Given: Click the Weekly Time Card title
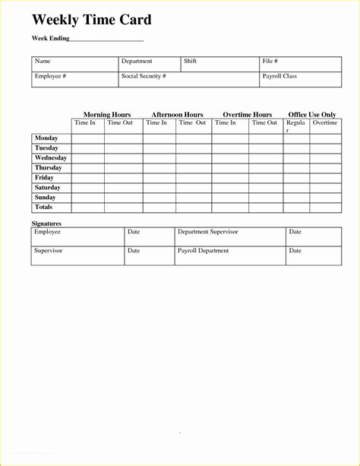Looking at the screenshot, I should [x=91, y=20].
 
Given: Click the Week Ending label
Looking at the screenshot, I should [x=51, y=38].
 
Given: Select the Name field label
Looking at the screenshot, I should [x=43, y=62].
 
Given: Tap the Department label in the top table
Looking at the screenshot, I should [x=137, y=62].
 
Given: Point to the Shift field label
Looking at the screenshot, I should [x=190, y=62].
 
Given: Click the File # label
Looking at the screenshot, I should [x=270, y=62].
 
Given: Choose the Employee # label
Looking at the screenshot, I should [x=49, y=77].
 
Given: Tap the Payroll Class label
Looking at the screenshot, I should [x=280, y=77].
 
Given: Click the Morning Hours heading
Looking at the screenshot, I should [x=107, y=115].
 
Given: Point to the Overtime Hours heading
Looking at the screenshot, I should [x=247, y=115].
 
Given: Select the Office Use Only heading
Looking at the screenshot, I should [x=311, y=115].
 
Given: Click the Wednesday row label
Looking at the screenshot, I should [x=51, y=158].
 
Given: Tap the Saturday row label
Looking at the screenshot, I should [x=47, y=187].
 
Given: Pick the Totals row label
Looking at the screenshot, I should [x=44, y=207].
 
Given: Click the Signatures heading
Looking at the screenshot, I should [x=46, y=223].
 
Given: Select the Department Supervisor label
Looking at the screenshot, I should [x=208, y=232].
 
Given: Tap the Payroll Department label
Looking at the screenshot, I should [x=203, y=251].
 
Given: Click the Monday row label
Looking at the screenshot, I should [x=46, y=138].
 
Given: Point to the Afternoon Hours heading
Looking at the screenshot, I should [x=177, y=115].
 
